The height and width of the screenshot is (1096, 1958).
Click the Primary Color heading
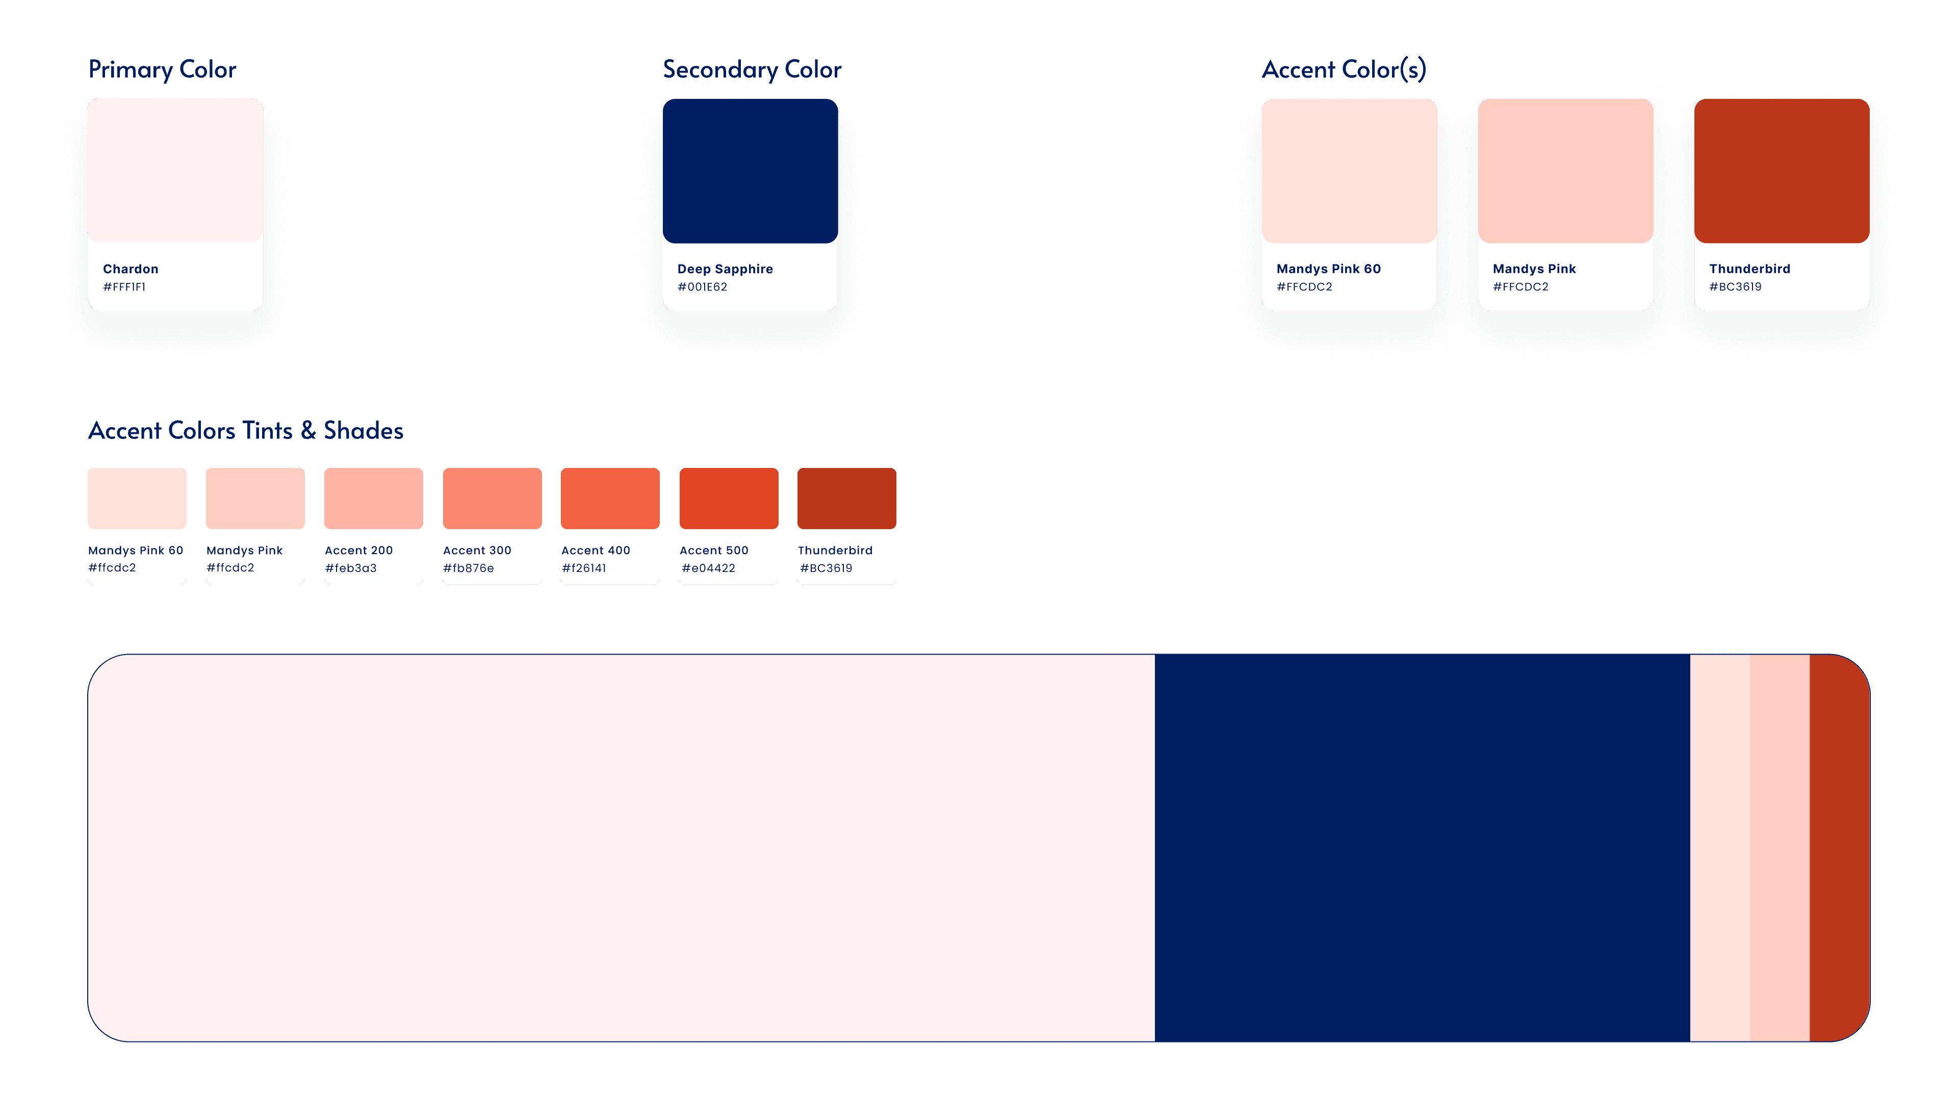tap(162, 69)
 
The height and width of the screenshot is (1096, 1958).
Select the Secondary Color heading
tap(752, 69)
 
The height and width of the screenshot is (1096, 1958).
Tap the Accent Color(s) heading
tap(1344, 69)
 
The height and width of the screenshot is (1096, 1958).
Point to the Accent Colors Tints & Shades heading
tap(245, 430)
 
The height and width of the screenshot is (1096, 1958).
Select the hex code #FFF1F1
tap(124, 286)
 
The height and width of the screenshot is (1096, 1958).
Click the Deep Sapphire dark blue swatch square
tap(750, 171)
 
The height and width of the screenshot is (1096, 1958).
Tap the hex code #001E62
tap(702, 286)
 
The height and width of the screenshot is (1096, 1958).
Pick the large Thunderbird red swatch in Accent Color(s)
tap(1782, 171)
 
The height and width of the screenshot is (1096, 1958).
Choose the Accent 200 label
tap(359, 550)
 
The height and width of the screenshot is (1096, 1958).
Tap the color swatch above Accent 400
tap(610, 498)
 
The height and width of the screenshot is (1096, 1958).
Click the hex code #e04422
tap(708, 568)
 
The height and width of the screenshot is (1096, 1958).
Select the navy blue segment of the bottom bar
tap(1422, 847)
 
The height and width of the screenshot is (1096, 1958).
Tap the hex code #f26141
tap(584, 568)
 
